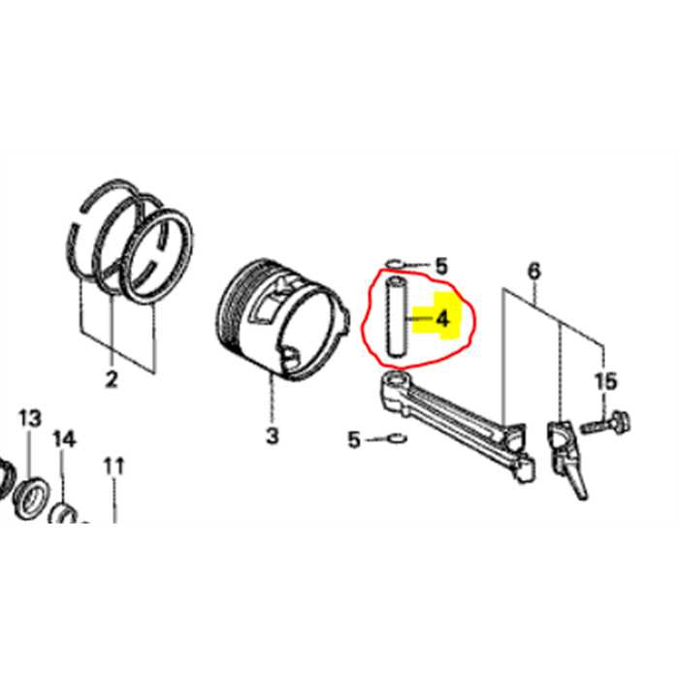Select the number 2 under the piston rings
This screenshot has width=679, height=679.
point(111,380)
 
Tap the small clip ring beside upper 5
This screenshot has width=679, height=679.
point(394,262)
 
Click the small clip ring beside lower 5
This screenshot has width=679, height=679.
point(395,439)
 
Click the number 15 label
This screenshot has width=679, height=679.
point(605,381)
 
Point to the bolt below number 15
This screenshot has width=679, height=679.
point(607,423)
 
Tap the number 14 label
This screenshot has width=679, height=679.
point(64,439)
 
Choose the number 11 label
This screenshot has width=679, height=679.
point(114,466)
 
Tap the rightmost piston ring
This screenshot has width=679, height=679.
point(160,256)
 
